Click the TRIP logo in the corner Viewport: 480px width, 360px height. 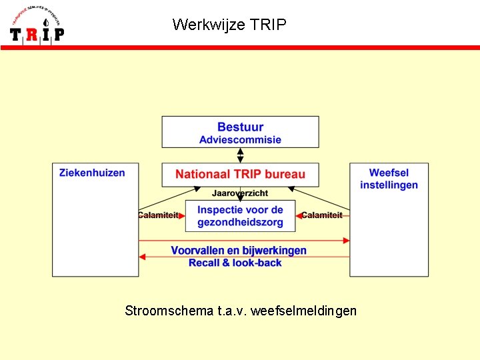point(37,25)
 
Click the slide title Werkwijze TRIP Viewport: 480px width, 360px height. point(229,25)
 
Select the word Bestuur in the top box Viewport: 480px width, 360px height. point(240,127)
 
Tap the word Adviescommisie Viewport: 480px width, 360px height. point(240,140)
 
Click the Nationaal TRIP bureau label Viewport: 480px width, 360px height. point(240,174)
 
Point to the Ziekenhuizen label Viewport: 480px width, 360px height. point(92,173)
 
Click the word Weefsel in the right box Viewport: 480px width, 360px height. point(389,173)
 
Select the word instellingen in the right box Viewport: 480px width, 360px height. point(389,185)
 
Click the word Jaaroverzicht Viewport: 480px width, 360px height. point(240,193)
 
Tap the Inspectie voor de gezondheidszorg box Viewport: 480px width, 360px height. point(240,216)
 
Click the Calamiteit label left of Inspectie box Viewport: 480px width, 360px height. point(159,215)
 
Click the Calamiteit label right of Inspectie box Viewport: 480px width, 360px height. point(322,215)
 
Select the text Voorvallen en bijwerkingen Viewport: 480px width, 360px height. point(239,251)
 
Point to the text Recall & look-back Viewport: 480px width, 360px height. point(235,263)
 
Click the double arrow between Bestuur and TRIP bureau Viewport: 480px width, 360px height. point(240,155)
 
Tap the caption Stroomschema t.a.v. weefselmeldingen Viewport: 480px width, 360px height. point(240,311)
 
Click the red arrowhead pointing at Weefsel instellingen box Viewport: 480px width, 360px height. point(345,240)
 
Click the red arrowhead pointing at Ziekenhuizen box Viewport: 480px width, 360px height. point(143,256)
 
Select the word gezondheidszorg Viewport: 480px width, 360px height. point(240,222)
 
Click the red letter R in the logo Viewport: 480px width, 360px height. point(31,34)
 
